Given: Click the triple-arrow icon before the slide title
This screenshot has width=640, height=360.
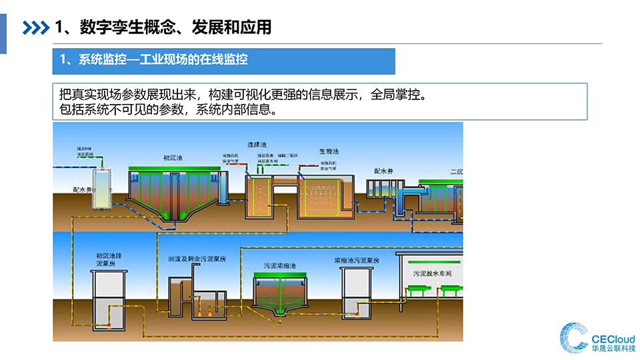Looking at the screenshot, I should (x=36, y=27).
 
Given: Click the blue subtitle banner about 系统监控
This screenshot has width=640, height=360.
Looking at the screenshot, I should (x=224, y=61).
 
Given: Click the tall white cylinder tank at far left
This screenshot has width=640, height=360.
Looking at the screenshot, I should (x=101, y=189).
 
